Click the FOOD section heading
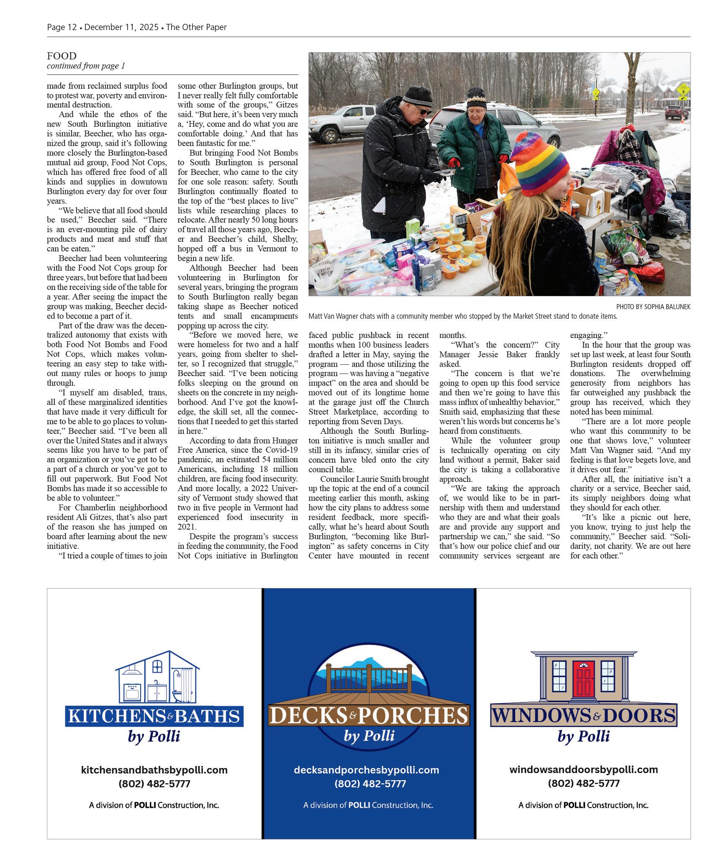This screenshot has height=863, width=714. point(62,56)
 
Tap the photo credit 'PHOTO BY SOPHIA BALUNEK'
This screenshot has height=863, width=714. point(653,307)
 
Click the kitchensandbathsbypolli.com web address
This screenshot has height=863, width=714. point(154,770)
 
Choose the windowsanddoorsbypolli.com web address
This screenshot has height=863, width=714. point(583,769)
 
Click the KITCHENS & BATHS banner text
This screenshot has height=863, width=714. point(154,716)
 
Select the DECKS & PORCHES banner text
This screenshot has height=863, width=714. point(369,716)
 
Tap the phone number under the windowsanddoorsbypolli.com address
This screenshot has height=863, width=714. point(583,784)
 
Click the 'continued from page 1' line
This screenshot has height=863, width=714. point(86,66)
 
